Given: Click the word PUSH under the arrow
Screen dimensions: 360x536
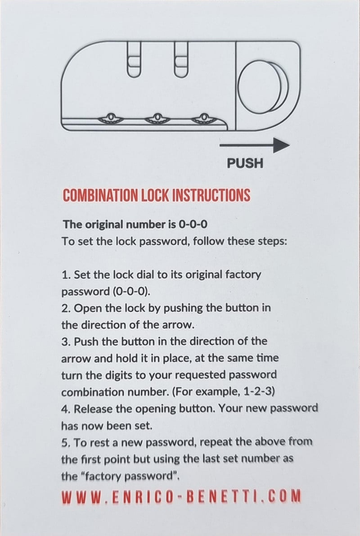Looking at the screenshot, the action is click(245, 163).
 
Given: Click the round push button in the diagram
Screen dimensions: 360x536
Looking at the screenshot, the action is click(263, 87).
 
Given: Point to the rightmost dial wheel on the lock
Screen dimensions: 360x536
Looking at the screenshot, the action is click(203, 118).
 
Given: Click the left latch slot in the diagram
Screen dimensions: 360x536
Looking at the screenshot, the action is click(133, 58).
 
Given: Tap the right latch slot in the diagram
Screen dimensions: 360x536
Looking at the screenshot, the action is click(181, 58).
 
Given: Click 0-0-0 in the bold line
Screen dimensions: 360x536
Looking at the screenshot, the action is click(193, 225).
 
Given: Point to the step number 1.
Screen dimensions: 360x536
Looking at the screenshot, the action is click(66, 275).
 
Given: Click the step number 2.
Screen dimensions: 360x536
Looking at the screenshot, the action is click(66, 308).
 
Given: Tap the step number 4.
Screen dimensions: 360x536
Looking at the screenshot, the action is click(66, 409).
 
